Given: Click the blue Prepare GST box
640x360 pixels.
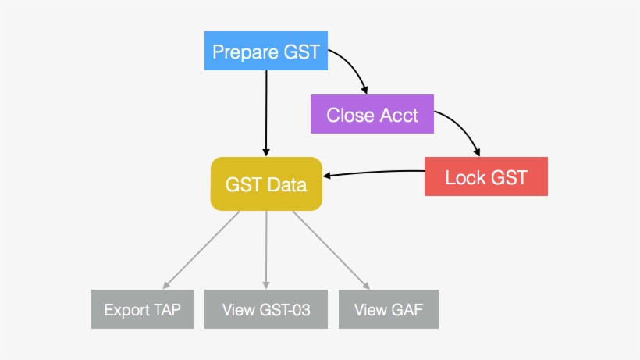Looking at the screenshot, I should tap(266, 52).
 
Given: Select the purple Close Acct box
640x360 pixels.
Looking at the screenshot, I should tap(372, 115).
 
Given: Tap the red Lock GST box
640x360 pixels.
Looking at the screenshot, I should tap(485, 176).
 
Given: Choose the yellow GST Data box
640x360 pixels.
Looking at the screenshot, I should tap(266, 184).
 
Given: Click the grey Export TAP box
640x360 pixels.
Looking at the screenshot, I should tap(142, 309).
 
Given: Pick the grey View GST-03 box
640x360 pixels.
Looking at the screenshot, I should tap(266, 309).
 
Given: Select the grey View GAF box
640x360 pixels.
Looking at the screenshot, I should tap(388, 309).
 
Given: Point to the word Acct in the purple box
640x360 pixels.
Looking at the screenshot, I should tap(399, 116).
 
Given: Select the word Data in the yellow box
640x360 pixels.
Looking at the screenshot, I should tap(287, 185).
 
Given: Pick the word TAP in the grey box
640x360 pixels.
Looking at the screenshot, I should tap(167, 309).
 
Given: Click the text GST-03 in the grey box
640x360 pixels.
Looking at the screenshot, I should tap(283, 309).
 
